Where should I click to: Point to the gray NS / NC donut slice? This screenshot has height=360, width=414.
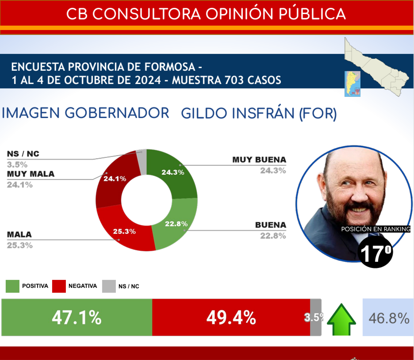[x=142, y=156]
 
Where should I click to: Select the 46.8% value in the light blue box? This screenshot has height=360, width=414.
[x=389, y=318]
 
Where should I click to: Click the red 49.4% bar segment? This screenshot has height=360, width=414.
[x=230, y=318]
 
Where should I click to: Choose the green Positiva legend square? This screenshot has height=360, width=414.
[x=12, y=286]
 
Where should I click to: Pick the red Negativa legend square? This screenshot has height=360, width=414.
[x=58, y=286]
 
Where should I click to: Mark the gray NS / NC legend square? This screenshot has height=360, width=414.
[x=108, y=286]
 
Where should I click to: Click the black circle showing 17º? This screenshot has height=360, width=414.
[x=375, y=253]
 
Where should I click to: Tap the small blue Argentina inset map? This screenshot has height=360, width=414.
[x=353, y=84]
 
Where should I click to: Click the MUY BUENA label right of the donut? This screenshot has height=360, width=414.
[x=259, y=160]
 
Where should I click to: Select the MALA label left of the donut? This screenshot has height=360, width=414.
[x=19, y=234]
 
